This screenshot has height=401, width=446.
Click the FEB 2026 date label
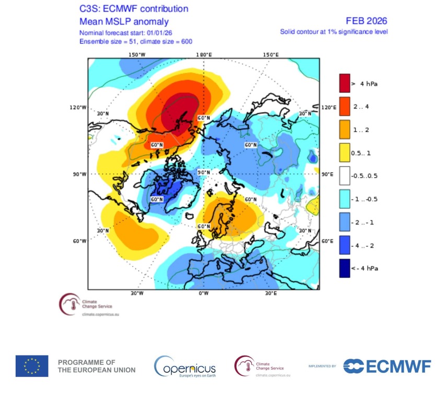(367, 21)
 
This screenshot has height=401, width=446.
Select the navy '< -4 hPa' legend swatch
(344, 268)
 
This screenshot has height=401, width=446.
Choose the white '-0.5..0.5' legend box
(344, 175)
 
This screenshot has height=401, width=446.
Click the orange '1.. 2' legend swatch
(344, 128)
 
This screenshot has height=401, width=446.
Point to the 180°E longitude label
(203, 55)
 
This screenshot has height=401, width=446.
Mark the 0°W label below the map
(203, 293)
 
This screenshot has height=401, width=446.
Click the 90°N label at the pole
(203, 172)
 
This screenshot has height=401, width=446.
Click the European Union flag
(32, 366)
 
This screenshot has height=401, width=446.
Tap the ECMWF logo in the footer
(387, 366)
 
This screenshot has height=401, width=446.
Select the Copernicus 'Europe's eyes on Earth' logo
(185, 367)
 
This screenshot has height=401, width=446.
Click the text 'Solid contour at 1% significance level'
(334, 32)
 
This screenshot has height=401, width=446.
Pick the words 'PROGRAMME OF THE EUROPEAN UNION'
(97, 366)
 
